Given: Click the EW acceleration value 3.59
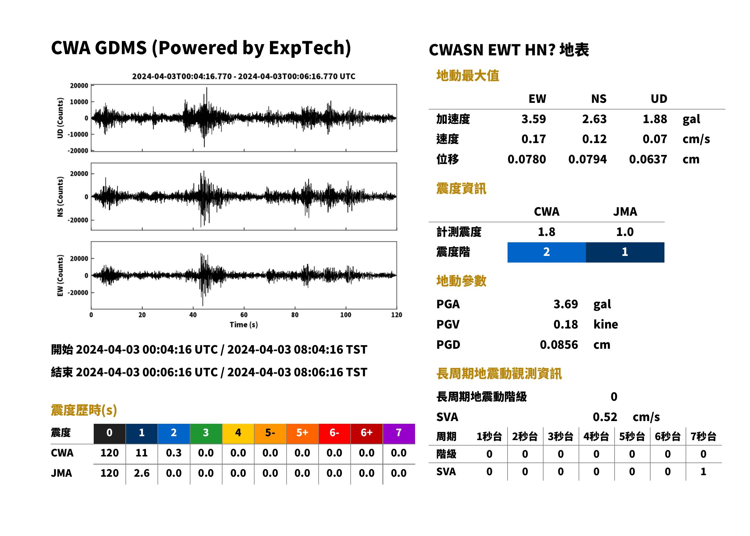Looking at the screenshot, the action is click(533, 119).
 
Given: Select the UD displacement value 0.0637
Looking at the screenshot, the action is click(648, 159).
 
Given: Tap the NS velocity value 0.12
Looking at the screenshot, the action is click(594, 139).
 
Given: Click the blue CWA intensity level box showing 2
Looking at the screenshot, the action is click(546, 252).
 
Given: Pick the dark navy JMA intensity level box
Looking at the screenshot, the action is click(625, 252).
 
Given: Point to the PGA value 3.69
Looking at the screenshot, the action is click(565, 304).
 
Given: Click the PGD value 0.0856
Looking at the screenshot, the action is click(559, 345).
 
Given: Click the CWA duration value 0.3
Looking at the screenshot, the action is click(174, 453).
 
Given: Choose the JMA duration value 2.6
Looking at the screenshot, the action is click(141, 473).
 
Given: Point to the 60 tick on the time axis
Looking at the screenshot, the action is click(244, 315).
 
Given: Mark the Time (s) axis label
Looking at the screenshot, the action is click(244, 325).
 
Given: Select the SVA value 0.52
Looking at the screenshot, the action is click(605, 417).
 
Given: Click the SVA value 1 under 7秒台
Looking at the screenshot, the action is click(703, 472).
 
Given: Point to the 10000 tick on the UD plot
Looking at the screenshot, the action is click(79, 102).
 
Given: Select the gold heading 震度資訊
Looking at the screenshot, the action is click(461, 189).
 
